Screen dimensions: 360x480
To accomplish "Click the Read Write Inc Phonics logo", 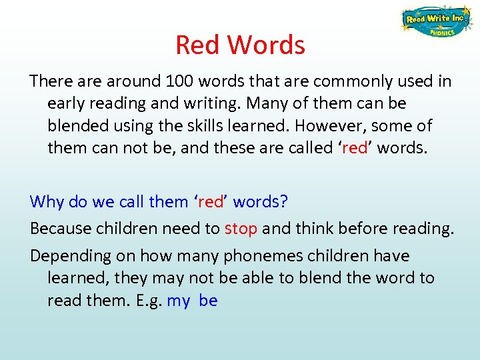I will click(434, 22).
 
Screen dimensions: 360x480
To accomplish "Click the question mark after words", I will click(283, 201).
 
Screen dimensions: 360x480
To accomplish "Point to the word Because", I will click(59, 229).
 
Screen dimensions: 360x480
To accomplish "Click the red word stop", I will click(241, 229).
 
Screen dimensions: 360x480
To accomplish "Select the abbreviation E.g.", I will click(147, 301).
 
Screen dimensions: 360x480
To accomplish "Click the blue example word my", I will click(179, 301).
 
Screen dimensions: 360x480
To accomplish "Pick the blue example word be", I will click(208, 301).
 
